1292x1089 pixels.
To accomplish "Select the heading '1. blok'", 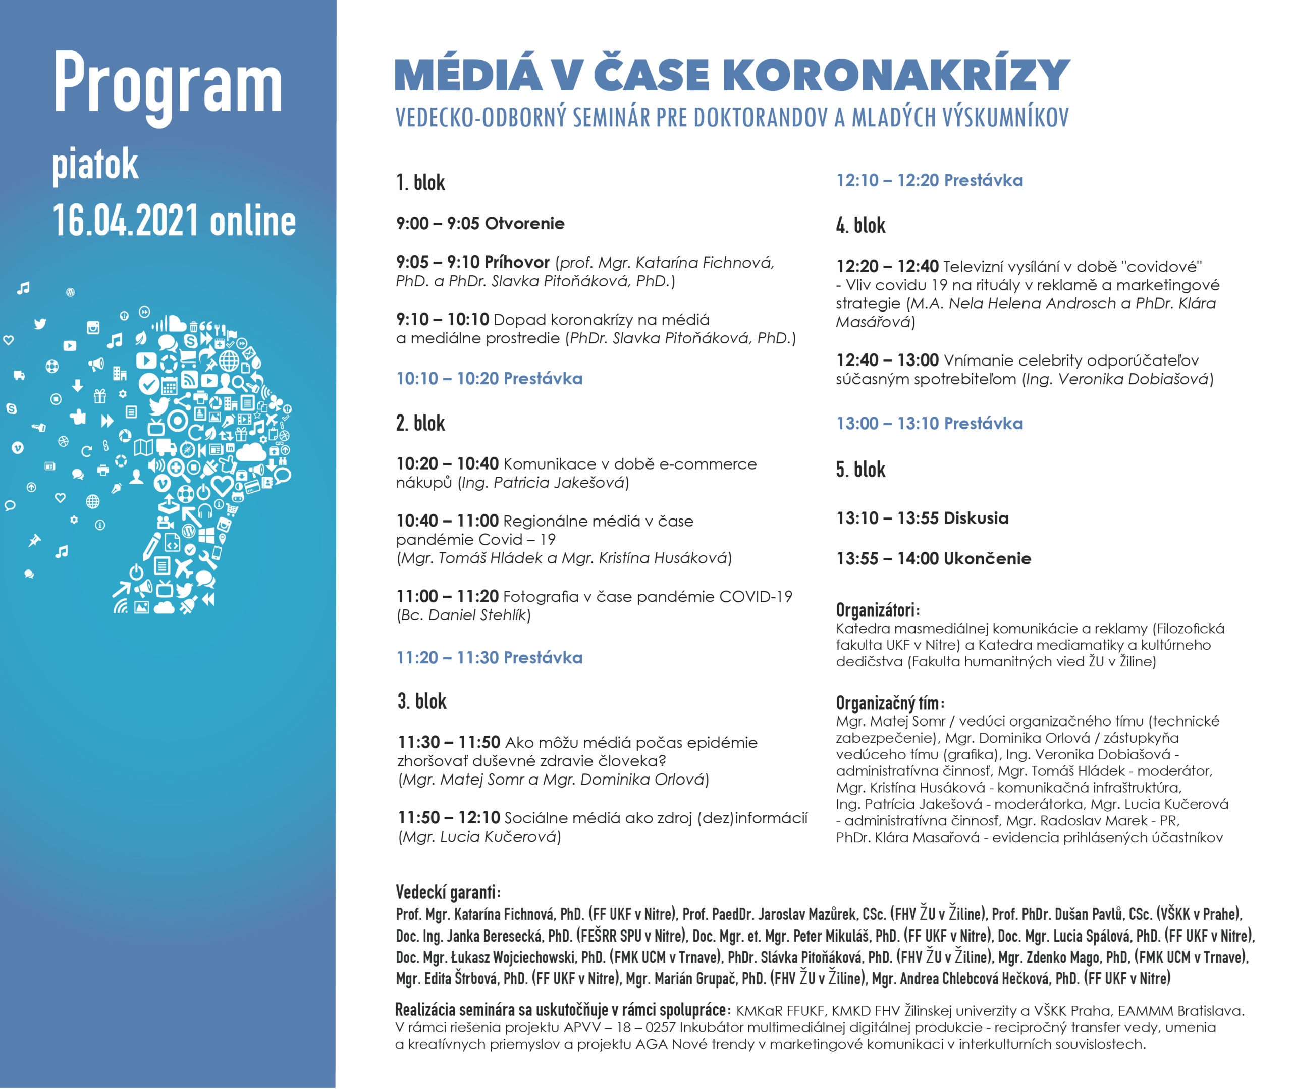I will [420, 183].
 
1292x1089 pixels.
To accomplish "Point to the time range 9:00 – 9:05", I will [438, 224].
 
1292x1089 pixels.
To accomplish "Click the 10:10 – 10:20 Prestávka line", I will [489, 379].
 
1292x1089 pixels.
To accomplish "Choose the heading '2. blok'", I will [420, 424].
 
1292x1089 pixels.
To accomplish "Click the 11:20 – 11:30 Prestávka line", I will [489, 657].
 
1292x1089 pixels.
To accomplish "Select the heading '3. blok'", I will [421, 701].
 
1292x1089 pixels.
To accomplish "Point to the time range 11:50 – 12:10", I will [449, 817].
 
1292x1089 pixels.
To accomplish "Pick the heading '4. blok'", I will [860, 225].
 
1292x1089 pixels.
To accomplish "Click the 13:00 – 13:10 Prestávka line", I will [929, 424].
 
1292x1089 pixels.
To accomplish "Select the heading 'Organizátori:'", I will [877, 610].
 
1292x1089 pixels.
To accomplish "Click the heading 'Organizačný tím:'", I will [890, 703].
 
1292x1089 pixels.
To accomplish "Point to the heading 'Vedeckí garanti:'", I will [448, 892].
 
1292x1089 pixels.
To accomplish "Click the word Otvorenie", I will [524, 224].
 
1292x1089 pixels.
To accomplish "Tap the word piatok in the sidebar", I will [95, 165].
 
